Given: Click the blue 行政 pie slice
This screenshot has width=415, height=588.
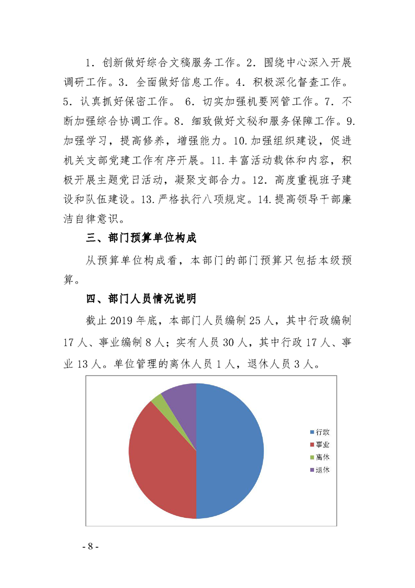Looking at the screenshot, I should [x=230, y=451].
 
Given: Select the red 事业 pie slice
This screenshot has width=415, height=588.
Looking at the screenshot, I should [x=160, y=461].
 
